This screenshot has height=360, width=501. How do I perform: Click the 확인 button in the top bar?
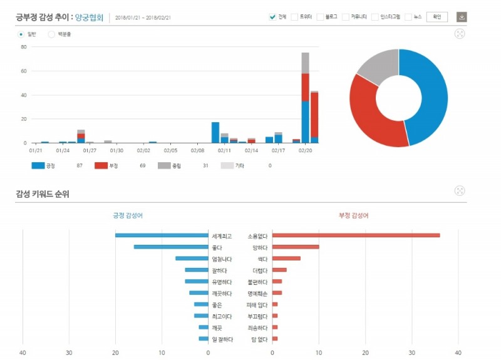coord(436,17)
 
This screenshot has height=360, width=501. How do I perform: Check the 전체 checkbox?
coord(272,17)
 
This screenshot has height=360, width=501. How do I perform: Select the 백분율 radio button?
coord(51,34)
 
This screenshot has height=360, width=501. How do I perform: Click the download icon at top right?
coord(462,17)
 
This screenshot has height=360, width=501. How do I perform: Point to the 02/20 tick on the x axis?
coord(306,150)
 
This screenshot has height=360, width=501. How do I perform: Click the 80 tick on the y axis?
coord(23,47)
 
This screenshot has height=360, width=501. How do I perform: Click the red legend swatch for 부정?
coord(101,165)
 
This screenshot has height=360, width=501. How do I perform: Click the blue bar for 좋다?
coord(171,247)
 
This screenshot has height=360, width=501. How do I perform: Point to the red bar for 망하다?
coord(296,247)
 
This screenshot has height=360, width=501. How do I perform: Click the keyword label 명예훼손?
coord(257,293)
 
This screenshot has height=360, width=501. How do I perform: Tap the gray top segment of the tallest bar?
coord(305,63)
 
